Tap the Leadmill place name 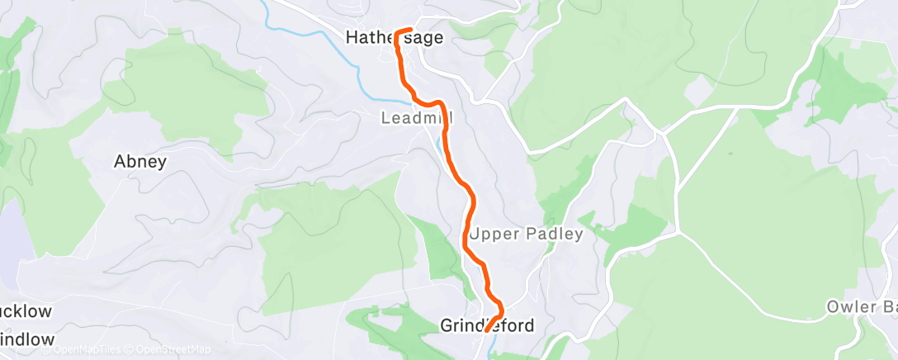click(417, 119)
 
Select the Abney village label click(139, 162)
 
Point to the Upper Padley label click(526, 234)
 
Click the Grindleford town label click(487, 325)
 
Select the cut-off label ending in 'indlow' click(26, 339)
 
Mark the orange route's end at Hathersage click(409, 32)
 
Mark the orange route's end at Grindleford click(487, 329)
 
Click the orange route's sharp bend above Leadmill click(441, 104)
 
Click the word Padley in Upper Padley click(555, 234)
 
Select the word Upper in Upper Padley click(495, 234)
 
